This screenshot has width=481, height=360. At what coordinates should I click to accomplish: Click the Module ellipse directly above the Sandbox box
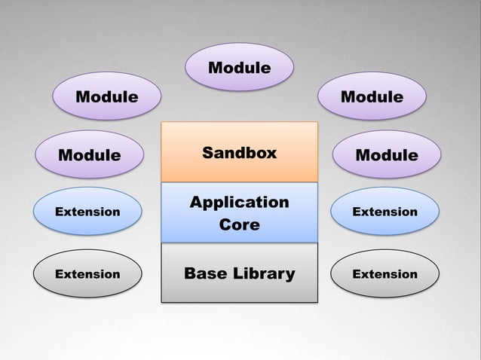(239, 69)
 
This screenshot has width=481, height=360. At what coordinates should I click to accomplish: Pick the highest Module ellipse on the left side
(106, 97)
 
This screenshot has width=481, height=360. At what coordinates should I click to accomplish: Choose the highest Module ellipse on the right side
(372, 97)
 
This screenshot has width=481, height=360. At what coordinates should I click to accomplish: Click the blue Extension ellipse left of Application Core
(87, 212)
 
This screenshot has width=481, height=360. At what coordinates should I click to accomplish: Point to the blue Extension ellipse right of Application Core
(384, 212)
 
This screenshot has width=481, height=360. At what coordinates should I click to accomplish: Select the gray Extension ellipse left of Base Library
(87, 274)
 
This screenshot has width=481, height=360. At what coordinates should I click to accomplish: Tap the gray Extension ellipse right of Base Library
(384, 274)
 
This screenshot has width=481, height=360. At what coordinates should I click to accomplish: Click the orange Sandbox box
(239, 152)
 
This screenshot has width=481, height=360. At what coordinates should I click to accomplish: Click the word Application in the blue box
(239, 203)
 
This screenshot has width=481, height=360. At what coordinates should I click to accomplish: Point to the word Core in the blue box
(239, 225)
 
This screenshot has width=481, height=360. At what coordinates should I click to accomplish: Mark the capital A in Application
(195, 202)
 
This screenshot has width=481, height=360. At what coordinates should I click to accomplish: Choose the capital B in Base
(190, 273)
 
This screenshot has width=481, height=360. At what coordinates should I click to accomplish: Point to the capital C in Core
(224, 225)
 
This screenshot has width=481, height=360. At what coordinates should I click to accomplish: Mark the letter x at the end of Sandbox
(272, 154)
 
